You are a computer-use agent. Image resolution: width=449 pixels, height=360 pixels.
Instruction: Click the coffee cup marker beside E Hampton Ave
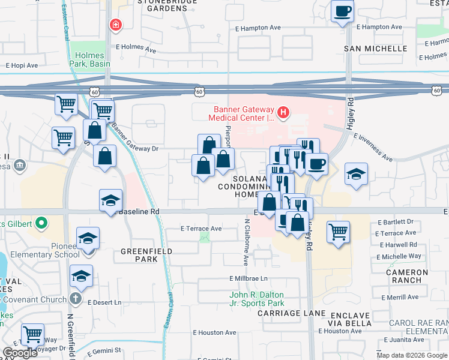coord(342,11)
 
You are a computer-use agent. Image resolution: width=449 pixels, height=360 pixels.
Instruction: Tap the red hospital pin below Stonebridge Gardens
coord(114,25)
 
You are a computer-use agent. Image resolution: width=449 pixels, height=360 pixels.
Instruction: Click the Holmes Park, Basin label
coord(88,60)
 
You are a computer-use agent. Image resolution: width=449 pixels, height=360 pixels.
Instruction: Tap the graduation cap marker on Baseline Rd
coord(111,200)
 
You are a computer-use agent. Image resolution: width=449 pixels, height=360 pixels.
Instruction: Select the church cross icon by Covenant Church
coord(75,298)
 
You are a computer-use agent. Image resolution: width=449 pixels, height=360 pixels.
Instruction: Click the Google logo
coord(20,352)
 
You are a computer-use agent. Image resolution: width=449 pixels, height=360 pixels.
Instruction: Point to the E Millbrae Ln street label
coord(248,279)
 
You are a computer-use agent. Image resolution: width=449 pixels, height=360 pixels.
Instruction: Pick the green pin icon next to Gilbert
coord(41,224)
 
